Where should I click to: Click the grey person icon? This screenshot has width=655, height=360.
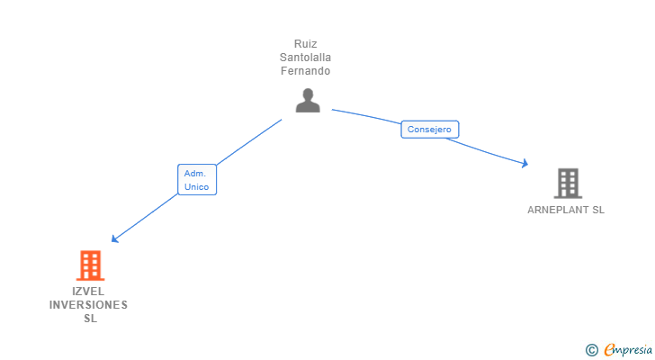(308, 100)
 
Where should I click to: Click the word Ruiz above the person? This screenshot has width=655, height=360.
(306, 43)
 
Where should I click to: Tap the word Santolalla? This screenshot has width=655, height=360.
(306, 57)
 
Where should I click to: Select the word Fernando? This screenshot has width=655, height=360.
(306, 70)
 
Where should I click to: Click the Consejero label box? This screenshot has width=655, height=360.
(429, 130)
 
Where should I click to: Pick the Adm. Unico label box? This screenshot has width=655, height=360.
(197, 179)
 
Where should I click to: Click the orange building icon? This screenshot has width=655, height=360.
(89, 265)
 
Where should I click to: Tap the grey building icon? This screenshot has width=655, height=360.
(568, 184)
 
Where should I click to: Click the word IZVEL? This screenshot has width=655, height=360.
(89, 291)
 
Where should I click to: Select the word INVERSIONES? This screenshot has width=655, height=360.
(89, 304)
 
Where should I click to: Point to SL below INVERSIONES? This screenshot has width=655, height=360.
(89, 318)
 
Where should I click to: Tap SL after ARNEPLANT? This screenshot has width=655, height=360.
(597, 210)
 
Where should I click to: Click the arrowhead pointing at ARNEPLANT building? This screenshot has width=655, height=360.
(524, 164)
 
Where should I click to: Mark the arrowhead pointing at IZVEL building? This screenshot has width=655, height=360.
(114, 239)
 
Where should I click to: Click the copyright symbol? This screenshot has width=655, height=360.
(591, 349)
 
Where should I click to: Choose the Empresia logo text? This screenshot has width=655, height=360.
(627, 349)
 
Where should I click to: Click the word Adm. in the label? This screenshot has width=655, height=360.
(195, 173)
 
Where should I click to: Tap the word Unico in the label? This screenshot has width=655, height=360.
(197, 186)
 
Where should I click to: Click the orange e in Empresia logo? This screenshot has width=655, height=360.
(609, 349)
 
